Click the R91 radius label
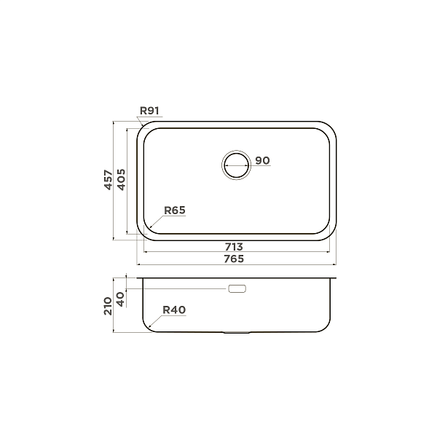[149, 111]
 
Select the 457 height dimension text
[109, 180]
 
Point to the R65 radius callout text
[175, 210]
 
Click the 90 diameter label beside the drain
[263, 160]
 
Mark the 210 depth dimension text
[109, 304]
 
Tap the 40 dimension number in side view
[121, 296]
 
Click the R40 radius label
[174, 310]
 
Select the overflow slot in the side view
[237, 289]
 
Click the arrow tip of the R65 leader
[149, 229]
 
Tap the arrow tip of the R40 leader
[148, 328]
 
